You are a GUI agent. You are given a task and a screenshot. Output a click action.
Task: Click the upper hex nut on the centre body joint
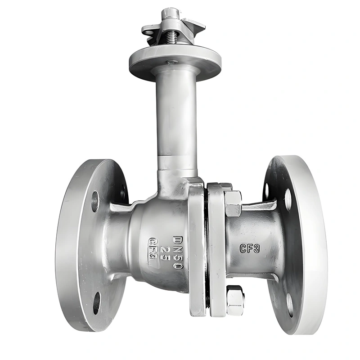click(x=233, y=203)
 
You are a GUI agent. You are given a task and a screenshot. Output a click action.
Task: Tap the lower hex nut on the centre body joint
click(x=235, y=300)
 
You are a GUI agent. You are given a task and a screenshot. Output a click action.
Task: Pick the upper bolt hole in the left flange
click(x=95, y=201)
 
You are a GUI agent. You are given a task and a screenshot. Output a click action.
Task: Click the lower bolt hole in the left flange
click(x=97, y=303)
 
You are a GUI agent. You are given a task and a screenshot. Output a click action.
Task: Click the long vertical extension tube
click(x=176, y=117)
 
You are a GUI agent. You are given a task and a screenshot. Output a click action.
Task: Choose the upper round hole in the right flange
click(x=288, y=198)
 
